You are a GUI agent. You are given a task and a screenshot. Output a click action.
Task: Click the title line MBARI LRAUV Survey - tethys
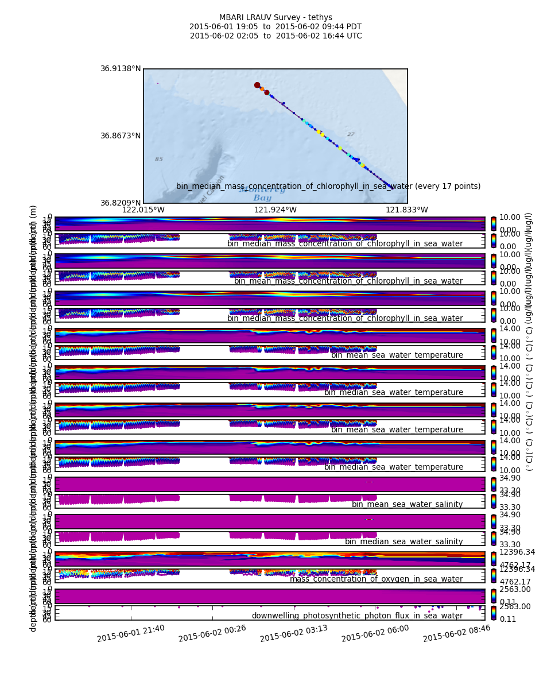(275, 18)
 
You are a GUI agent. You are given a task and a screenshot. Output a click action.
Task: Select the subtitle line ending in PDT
(275, 27)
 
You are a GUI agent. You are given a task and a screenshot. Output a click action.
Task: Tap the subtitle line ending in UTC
(275, 36)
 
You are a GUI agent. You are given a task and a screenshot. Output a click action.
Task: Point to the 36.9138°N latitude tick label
(121, 69)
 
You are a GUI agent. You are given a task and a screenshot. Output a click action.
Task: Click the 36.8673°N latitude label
(121, 136)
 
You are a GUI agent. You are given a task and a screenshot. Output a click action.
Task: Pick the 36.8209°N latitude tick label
(121, 203)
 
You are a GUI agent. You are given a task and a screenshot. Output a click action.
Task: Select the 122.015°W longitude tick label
(143, 210)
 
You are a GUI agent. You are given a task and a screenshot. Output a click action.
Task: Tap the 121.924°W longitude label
(275, 210)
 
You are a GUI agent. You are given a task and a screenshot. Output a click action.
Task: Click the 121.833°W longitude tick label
(407, 210)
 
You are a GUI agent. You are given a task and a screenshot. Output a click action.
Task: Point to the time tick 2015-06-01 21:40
(131, 633)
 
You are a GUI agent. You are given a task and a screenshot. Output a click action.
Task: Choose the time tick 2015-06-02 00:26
(212, 633)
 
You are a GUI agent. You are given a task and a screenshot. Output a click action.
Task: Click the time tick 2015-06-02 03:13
(294, 633)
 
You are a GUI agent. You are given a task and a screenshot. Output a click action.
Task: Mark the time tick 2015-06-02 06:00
(375, 633)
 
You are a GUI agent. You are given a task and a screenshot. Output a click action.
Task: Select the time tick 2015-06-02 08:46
(457, 633)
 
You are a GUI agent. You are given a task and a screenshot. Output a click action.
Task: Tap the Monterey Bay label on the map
(262, 194)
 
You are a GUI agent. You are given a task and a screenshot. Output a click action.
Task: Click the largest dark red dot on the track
(257, 85)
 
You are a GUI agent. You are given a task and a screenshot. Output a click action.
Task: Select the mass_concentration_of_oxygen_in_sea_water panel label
(376, 579)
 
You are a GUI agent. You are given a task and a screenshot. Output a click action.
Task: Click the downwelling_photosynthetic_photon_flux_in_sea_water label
(357, 616)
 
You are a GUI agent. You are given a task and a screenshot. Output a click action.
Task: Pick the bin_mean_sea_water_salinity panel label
(407, 505)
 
